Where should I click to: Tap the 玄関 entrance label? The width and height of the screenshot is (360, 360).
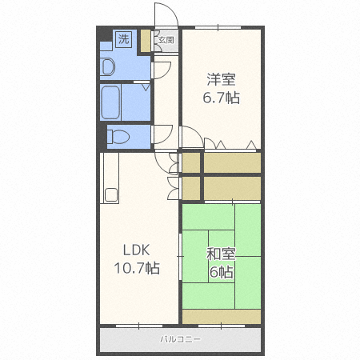point(166,38)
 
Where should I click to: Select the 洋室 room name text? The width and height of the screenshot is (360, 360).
point(222,80)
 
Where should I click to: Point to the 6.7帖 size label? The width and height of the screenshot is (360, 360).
point(222,98)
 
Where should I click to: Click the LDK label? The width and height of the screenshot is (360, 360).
point(135,248)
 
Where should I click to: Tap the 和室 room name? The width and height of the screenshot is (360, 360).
point(222,254)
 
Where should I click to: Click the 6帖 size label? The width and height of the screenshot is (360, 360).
point(222,272)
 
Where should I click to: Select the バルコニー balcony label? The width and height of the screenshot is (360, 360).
point(180,340)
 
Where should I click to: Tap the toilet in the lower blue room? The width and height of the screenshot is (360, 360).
point(118,136)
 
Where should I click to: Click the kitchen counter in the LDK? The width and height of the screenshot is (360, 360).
point(110,180)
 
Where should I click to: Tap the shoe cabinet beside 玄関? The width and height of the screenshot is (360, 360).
point(145,41)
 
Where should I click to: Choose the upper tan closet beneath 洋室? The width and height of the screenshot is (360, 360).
point(232,162)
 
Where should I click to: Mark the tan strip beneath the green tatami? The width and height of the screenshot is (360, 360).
point(222,317)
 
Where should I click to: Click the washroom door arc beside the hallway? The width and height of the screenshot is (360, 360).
point(160,70)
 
